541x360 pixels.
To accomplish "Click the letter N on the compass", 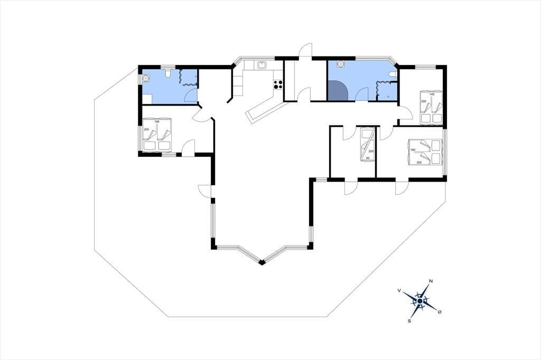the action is [430, 281].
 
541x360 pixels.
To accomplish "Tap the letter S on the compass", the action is [409, 321].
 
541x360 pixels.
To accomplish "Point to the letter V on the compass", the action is [399, 291].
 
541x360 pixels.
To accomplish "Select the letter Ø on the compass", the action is [439, 312].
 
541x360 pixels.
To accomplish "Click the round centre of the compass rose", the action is [419, 301].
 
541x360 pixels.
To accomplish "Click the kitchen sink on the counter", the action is [261, 64].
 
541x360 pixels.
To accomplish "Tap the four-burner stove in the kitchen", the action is [278, 85].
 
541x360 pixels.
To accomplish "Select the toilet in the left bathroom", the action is [168, 73].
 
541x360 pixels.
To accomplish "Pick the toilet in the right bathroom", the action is [393, 74].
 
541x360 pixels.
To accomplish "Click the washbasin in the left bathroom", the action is [146, 79].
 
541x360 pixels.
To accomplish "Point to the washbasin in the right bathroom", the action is [340, 64].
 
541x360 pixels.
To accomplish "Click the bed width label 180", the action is [157, 121].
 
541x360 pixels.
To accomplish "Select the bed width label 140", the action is [432, 94].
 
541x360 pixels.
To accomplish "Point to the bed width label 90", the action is [368, 158].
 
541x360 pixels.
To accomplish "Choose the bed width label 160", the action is [413, 150].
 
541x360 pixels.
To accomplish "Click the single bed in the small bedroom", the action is [367, 145].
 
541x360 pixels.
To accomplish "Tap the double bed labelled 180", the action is [157, 135].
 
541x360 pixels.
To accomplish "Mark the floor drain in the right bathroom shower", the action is [389, 97].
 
